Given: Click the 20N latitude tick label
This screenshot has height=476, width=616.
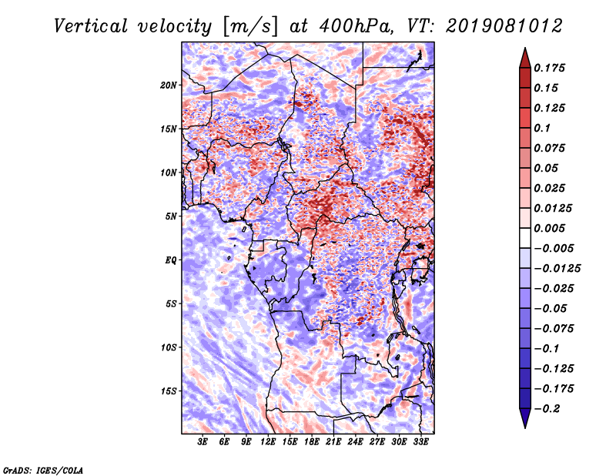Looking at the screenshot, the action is point(169,85).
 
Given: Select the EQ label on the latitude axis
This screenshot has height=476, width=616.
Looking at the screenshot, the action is point(171,260).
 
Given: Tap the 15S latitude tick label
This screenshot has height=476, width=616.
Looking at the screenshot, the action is point(169,391).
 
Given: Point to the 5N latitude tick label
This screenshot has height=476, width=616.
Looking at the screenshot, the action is point(171,216).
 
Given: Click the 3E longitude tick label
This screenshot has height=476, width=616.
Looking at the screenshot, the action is point(203,441).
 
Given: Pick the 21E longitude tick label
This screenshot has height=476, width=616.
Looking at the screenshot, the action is point(333,441).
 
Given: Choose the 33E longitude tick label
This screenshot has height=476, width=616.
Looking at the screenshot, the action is point(420,441).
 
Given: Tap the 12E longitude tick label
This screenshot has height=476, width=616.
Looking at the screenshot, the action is point(268,441).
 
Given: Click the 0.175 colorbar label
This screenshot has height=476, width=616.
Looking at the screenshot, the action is point(550,68).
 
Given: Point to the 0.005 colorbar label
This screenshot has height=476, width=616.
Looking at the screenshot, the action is point(550,228).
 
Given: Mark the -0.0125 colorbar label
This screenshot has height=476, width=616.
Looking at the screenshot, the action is point(557,268).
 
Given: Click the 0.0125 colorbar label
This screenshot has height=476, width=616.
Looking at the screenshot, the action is point(553,208).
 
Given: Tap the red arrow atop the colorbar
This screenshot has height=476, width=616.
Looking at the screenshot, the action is point(525,59).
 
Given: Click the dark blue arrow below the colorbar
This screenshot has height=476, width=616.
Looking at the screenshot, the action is point(525,418).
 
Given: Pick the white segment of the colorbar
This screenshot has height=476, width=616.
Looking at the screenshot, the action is point(525,238).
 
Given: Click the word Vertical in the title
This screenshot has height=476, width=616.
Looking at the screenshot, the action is point(91,26).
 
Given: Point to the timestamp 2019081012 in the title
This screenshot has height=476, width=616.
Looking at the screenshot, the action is point(504,26).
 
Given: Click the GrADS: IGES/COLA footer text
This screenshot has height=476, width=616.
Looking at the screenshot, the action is point(43,470).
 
